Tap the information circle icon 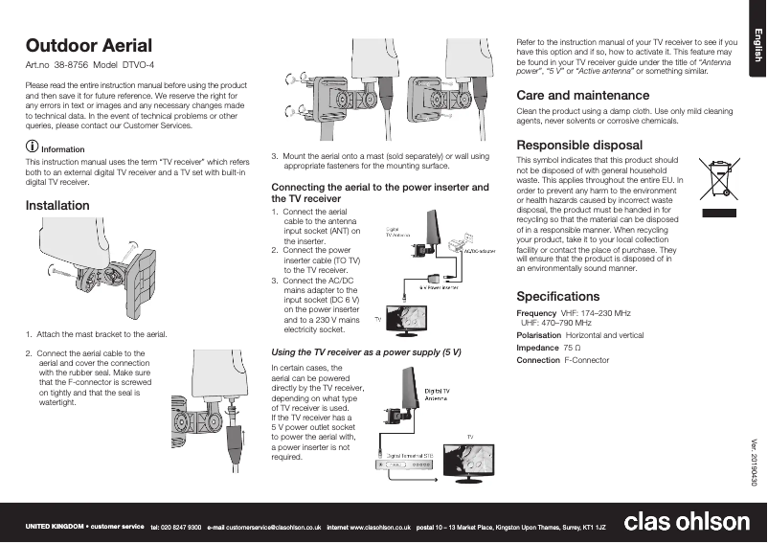[32, 148]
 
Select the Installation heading [56, 205]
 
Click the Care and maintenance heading [582, 96]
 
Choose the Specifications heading [557, 296]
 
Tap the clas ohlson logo [687, 522]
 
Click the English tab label [756, 45]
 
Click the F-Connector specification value [586, 361]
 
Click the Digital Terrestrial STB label [414, 455]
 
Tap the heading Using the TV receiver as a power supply [366, 352]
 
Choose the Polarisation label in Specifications [538, 336]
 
